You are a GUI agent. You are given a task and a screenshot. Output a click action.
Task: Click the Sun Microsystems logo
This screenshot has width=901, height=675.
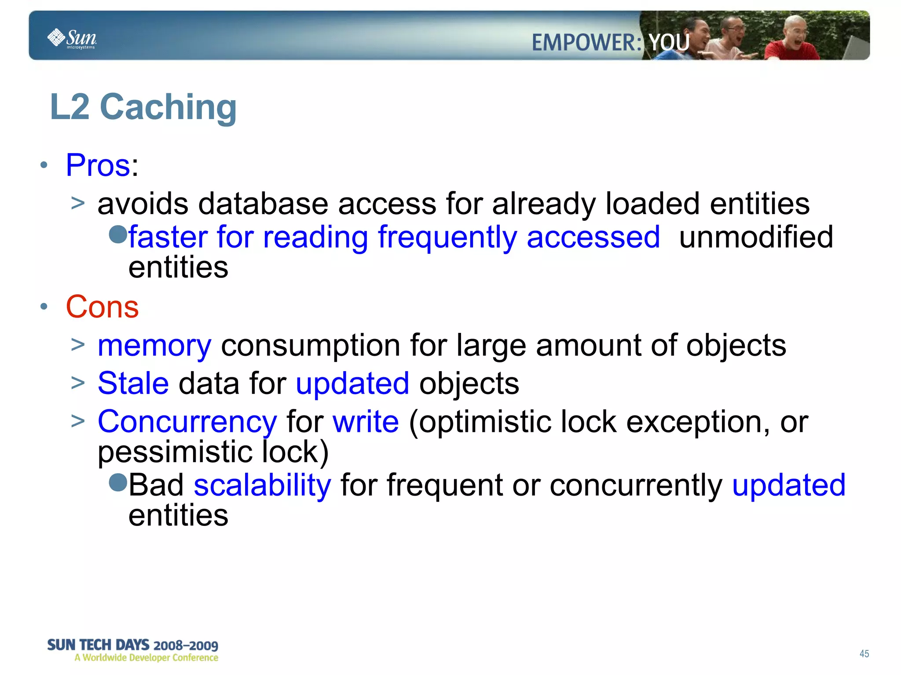[x=72, y=38]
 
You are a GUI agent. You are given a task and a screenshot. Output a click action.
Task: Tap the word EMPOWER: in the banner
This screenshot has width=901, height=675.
[x=586, y=43]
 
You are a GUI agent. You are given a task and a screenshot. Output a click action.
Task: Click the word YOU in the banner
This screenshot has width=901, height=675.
[x=669, y=43]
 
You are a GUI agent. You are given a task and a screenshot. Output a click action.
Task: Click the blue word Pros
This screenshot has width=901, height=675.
[x=98, y=165]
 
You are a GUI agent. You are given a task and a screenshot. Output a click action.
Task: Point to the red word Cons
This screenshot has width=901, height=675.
[x=102, y=306]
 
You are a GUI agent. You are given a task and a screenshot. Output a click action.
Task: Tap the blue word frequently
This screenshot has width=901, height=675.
[x=447, y=237]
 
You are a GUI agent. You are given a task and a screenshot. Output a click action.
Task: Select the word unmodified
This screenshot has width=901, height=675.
[x=756, y=237]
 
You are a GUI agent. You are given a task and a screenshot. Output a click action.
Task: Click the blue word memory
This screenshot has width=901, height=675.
[x=154, y=346]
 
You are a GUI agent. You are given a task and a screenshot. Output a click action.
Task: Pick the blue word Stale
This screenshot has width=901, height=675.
[x=133, y=383]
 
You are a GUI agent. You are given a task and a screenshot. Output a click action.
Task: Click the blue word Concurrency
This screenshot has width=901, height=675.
[x=187, y=422]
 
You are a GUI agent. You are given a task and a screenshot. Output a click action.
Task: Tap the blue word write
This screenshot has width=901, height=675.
[x=366, y=422]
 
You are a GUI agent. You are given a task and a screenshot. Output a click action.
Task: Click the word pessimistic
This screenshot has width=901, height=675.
[x=175, y=452]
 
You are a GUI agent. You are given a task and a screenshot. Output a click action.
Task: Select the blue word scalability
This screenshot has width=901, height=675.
[x=262, y=485]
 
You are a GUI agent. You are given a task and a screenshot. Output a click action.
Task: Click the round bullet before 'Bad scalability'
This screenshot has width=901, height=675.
[x=117, y=482]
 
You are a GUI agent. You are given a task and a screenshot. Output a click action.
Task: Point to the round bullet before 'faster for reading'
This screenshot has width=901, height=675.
[x=117, y=234]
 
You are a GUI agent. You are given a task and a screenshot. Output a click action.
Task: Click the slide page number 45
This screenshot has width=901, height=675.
[x=864, y=654]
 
